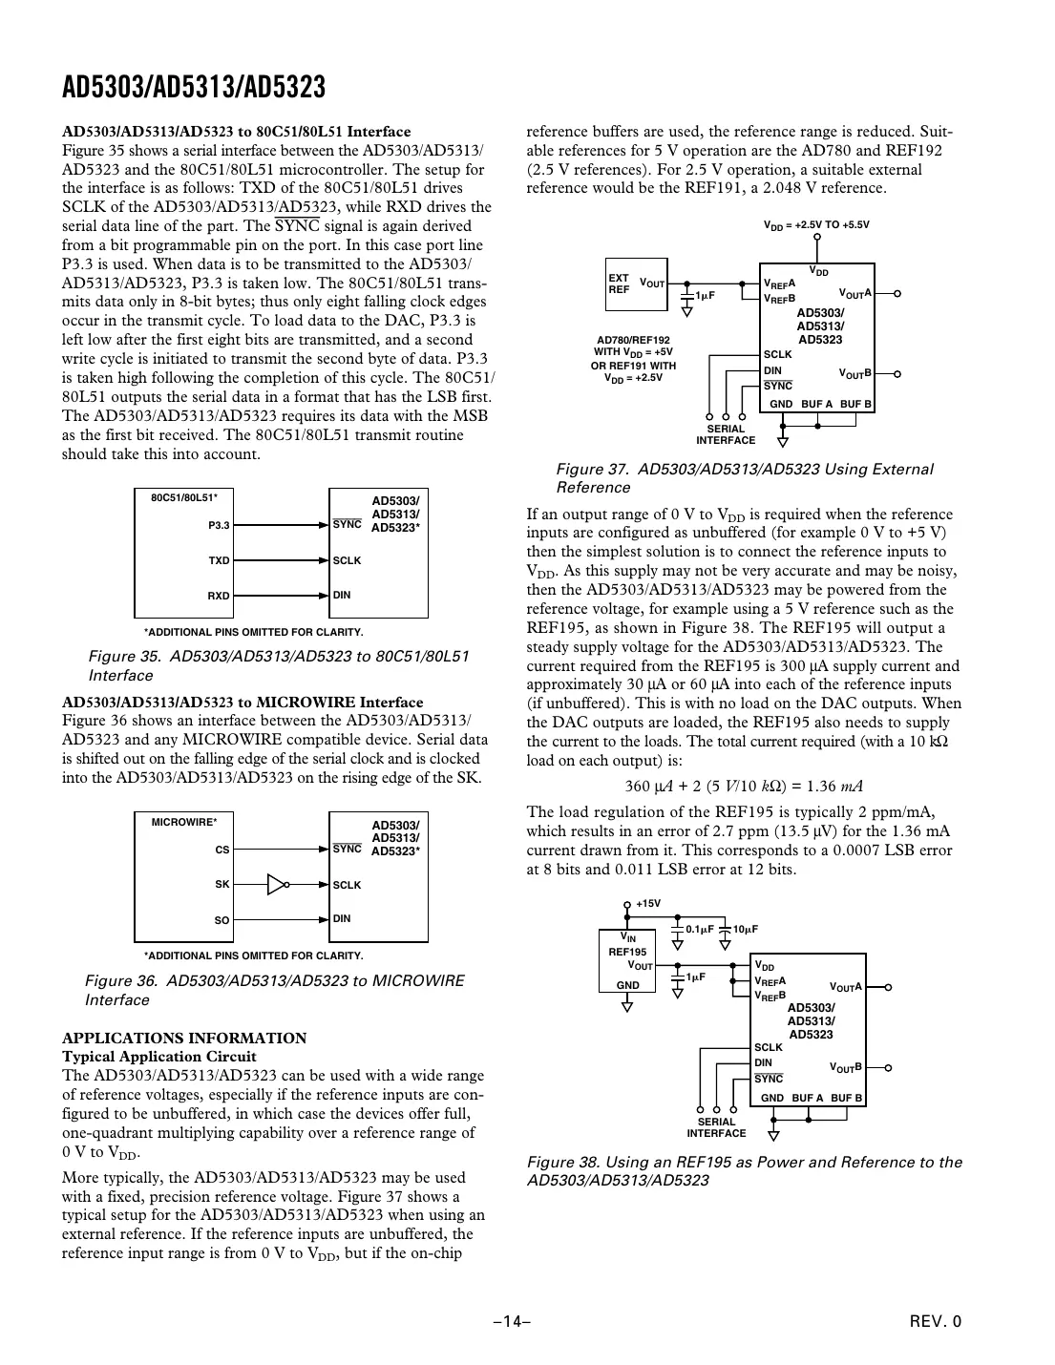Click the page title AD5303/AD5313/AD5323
(x=194, y=88)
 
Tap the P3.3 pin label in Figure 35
(x=219, y=525)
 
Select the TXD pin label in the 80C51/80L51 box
(x=219, y=560)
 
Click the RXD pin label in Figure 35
(x=219, y=596)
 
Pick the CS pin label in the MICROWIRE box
(x=222, y=849)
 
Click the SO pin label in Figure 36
(x=222, y=920)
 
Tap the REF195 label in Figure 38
(x=627, y=952)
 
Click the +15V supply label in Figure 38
(x=648, y=903)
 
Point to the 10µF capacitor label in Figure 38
(x=746, y=929)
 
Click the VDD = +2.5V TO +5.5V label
(x=816, y=225)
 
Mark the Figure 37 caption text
(x=744, y=478)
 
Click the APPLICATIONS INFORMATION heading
(x=184, y=1038)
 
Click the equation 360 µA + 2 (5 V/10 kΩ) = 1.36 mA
(x=744, y=787)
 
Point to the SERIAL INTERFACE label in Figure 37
(x=726, y=434)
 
